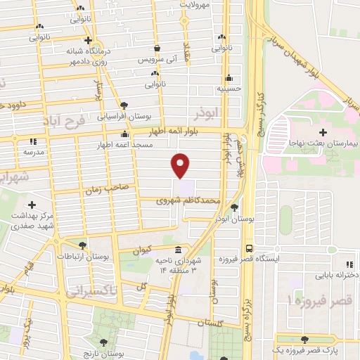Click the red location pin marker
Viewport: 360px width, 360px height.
[x=181, y=165]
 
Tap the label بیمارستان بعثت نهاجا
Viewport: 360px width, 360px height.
[x=323, y=143]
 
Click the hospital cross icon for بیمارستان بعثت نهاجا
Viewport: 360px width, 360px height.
[x=323, y=131]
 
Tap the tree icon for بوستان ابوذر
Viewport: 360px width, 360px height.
[x=234, y=207]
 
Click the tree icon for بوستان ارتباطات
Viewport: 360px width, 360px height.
[x=82, y=245]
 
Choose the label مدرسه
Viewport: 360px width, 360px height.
[x=33, y=151]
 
